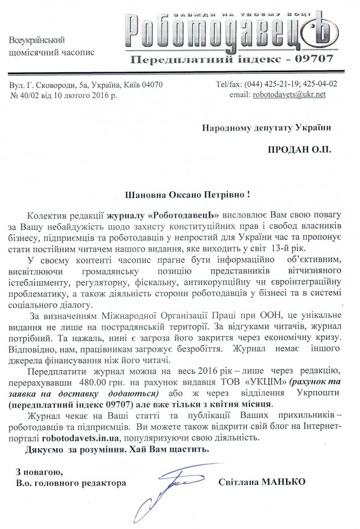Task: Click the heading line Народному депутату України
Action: coord(265,128)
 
